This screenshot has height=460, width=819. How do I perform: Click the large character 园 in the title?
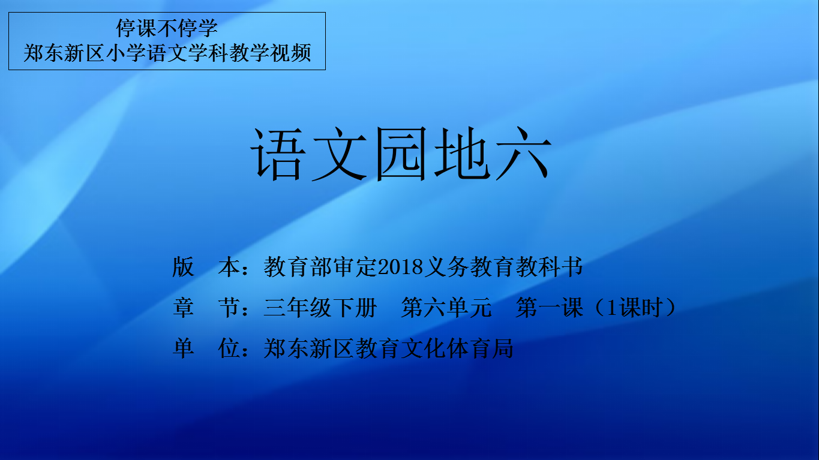pyautogui.click(x=401, y=154)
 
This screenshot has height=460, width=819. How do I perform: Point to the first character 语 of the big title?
pyautogui.click(x=278, y=154)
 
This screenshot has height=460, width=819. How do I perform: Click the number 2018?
pyautogui.click(x=400, y=267)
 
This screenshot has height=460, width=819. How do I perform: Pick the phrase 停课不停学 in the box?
pyautogui.click(x=167, y=28)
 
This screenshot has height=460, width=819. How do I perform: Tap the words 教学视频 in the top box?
pyautogui.click(x=270, y=53)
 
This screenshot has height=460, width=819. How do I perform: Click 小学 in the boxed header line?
pyautogui.click(x=126, y=53)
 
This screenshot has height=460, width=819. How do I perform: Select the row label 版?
pyautogui.click(x=183, y=267)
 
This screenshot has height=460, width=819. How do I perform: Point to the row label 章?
pyautogui.click(x=183, y=307)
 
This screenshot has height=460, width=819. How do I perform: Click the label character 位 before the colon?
pyautogui.click(x=229, y=348)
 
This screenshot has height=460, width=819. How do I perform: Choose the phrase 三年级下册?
pyautogui.click(x=320, y=307)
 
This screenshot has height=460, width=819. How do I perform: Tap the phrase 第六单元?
pyautogui.click(x=446, y=307)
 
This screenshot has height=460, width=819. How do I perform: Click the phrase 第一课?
pyautogui.click(x=549, y=307)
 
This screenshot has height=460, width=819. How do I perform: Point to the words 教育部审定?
pyautogui.click(x=320, y=267)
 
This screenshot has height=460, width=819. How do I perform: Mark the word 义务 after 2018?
pyautogui.click(x=446, y=267)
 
